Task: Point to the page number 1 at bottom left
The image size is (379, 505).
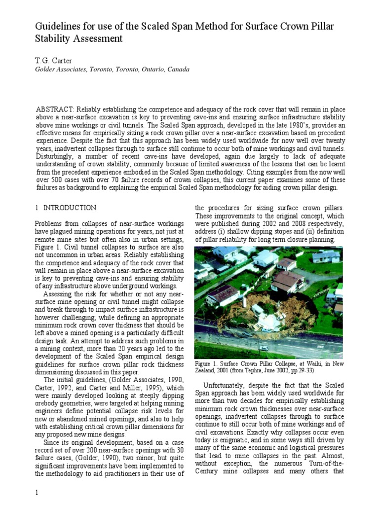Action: (37, 494)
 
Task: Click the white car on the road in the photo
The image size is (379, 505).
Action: (264, 348)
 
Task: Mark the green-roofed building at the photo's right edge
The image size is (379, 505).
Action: (339, 287)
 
